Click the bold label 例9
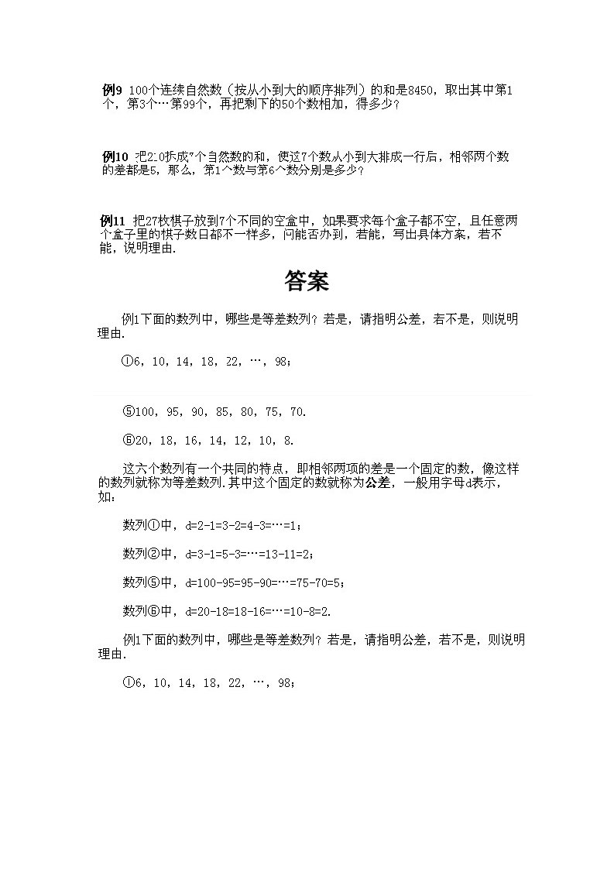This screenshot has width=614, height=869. coord(112,91)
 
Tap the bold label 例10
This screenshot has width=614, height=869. coord(115,156)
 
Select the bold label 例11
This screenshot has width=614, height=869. coord(115,221)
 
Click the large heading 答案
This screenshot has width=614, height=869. coord(307,281)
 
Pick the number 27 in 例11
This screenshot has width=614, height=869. coord(153,221)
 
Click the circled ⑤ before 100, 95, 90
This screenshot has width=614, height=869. coord(129,412)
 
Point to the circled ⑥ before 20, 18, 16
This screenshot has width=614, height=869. coord(129,441)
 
